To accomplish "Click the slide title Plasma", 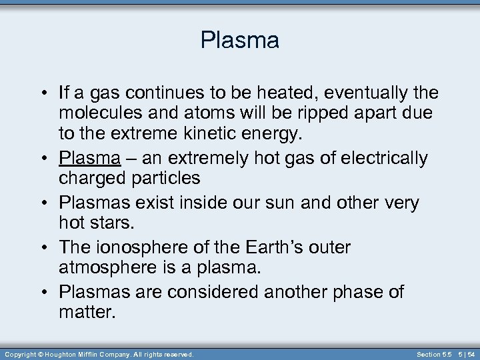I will (239, 41).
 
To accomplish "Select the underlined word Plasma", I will (89, 159).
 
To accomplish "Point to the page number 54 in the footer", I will (471, 355).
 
